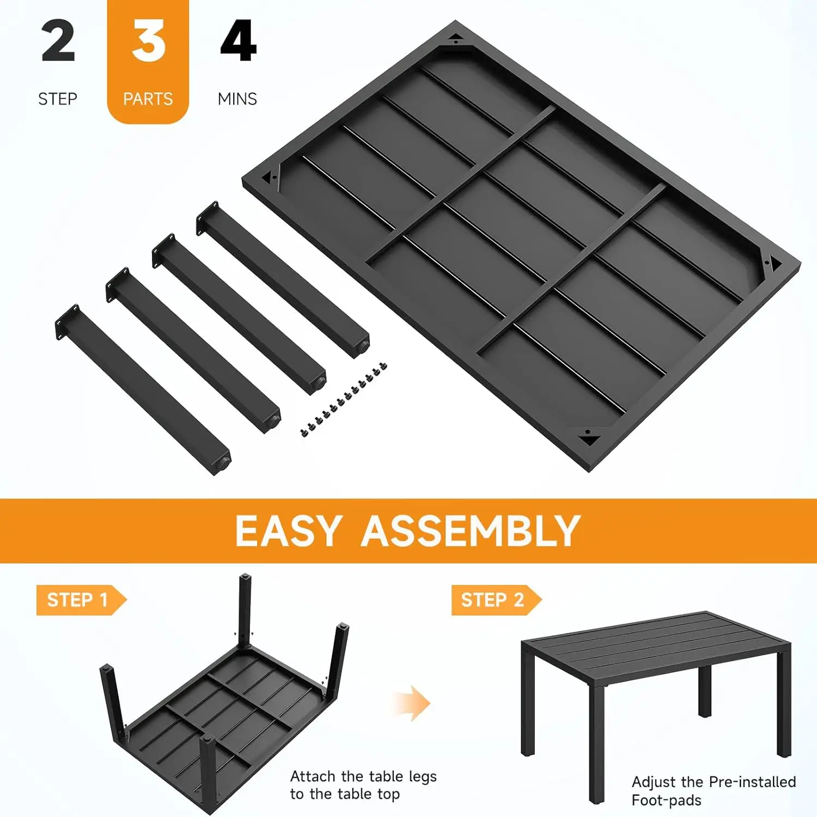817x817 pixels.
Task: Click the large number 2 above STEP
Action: tap(58, 41)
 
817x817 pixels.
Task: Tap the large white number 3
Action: tap(148, 41)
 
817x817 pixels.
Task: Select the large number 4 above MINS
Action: tap(238, 41)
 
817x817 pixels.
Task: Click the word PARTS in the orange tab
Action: tap(148, 99)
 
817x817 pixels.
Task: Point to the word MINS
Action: tap(237, 99)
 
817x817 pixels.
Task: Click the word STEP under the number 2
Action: tap(58, 99)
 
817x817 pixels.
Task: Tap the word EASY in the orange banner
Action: tap(288, 531)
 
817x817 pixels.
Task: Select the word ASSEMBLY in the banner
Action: tap(471, 531)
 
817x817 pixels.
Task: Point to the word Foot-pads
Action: tap(667, 800)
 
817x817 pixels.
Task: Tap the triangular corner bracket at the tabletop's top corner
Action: tap(456, 39)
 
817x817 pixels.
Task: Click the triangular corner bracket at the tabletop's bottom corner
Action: tap(588, 436)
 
